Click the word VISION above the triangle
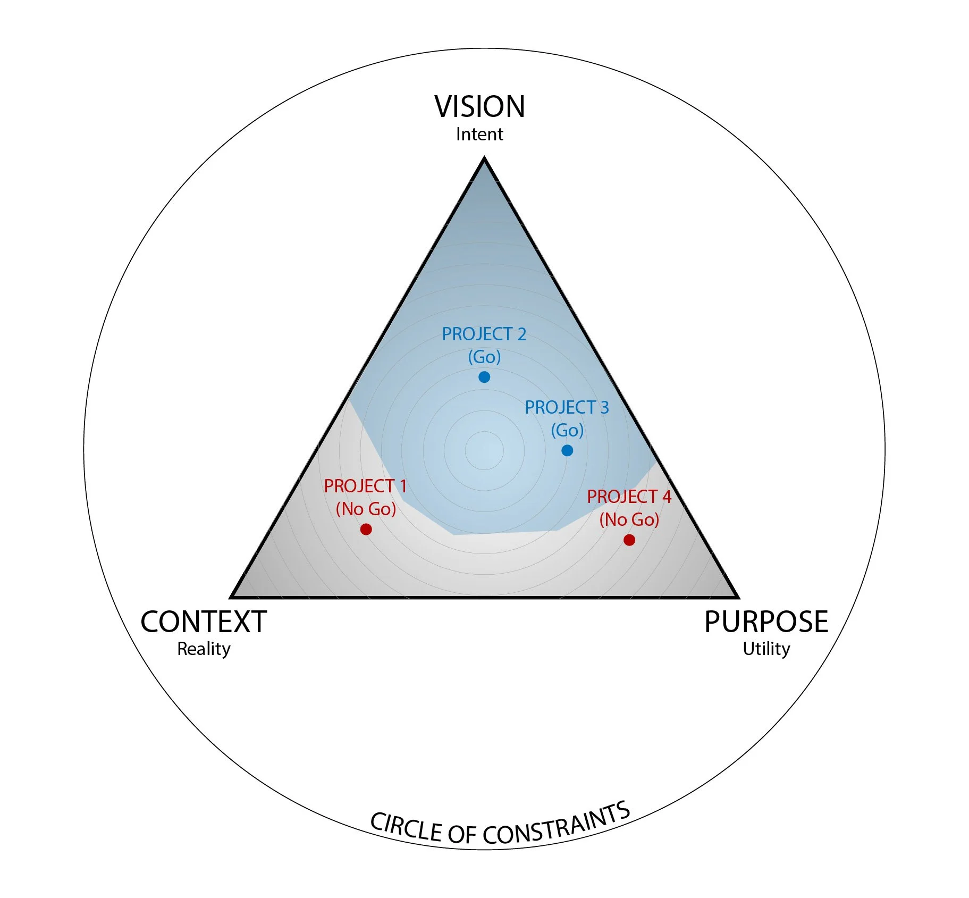pos(479,106)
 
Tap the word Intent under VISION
pos(479,135)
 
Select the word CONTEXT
pos(204,622)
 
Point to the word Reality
pos(204,649)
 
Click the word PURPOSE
pos(766,622)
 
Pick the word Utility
pos(766,649)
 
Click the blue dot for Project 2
pos(484,377)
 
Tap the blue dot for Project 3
pos(567,450)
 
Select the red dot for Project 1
pos(366,529)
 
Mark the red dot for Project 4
pos(629,540)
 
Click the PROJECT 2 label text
pos(484,334)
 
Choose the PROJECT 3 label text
pos(567,408)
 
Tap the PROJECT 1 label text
pos(365,486)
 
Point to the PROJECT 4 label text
pos(629,497)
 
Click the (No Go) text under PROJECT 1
pos(366,509)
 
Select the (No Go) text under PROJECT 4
pos(629,520)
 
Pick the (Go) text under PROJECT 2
pos(484,357)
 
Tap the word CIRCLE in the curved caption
pos(406,827)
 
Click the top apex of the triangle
pos(484,158)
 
